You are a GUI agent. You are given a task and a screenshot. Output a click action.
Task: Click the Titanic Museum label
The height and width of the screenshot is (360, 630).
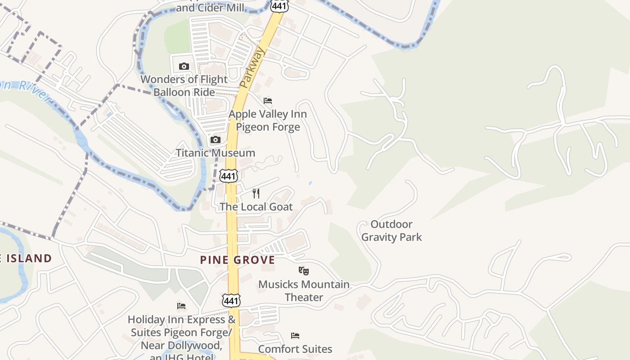(x=216, y=153)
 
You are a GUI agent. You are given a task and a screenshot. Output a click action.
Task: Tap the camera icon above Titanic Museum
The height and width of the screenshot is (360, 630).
(x=216, y=140)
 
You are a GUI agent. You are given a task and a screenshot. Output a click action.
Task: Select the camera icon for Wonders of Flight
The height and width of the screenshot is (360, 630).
(x=184, y=67)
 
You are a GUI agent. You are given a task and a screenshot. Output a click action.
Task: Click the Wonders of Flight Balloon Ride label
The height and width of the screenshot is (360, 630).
(x=184, y=85)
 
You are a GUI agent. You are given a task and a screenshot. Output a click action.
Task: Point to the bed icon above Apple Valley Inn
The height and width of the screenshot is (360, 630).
(x=268, y=101)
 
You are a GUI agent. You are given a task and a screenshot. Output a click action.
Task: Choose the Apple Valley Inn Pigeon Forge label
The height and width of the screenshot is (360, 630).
(x=268, y=121)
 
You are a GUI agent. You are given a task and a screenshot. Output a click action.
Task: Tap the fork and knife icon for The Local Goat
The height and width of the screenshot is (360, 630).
(x=256, y=193)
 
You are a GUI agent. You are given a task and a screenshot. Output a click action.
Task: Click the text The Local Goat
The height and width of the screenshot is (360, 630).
(x=256, y=207)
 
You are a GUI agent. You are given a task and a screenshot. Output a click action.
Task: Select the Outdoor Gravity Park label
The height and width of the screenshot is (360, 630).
(x=391, y=230)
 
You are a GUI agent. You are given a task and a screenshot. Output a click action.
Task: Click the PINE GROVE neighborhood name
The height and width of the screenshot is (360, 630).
(x=238, y=260)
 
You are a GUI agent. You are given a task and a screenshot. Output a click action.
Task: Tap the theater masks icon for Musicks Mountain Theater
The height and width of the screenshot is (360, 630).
(x=304, y=271)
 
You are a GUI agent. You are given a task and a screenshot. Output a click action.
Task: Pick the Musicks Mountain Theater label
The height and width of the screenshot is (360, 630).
(x=304, y=291)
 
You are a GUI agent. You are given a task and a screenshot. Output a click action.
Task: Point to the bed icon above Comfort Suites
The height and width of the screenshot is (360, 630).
(x=295, y=336)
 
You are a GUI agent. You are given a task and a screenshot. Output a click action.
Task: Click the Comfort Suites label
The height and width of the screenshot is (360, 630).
(x=295, y=349)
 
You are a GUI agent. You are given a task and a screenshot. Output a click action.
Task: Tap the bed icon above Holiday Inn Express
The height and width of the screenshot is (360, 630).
(x=181, y=306)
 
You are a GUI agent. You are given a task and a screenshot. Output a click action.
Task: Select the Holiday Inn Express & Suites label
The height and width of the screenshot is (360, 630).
(x=181, y=333)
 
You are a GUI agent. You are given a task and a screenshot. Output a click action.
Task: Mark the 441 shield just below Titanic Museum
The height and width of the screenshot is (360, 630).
(x=229, y=176)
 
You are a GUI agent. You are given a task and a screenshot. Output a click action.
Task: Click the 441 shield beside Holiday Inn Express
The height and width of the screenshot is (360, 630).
(x=231, y=300)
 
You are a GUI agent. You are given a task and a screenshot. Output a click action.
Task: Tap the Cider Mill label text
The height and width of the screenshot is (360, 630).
(x=210, y=7)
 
